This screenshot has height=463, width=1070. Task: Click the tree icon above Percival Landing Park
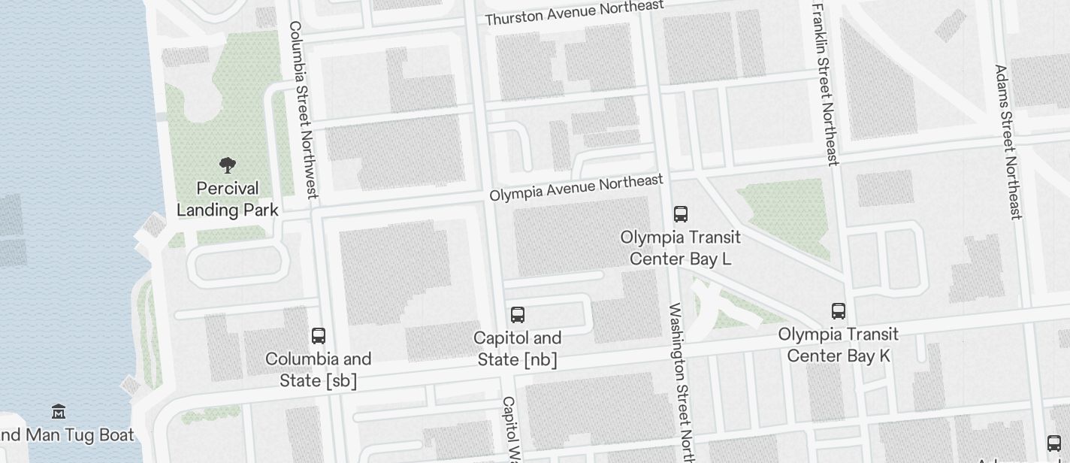(227, 165)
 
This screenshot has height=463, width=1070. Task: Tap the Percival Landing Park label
(228, 199)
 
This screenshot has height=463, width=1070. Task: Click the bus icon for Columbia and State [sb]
(319, 335)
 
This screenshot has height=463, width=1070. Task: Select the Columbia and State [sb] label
(319, 370)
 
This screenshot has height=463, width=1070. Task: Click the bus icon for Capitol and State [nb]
(518, 314)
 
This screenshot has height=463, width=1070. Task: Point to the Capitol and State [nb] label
(518, 349)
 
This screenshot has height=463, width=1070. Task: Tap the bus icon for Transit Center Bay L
(681, 213)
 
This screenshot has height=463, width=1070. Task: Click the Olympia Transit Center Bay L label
(681, 248)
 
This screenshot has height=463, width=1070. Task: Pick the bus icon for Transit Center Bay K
(839, 310)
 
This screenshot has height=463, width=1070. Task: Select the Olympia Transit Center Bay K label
(839, 345)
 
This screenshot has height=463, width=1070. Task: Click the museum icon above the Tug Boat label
(59, 411)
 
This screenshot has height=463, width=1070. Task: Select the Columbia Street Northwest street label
(304, 109)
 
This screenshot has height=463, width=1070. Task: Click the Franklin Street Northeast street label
(825, 83)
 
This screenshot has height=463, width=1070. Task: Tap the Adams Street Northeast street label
(1007, 141)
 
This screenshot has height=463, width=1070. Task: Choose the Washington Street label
(682, 380)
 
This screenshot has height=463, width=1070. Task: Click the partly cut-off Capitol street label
(510, 428)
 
